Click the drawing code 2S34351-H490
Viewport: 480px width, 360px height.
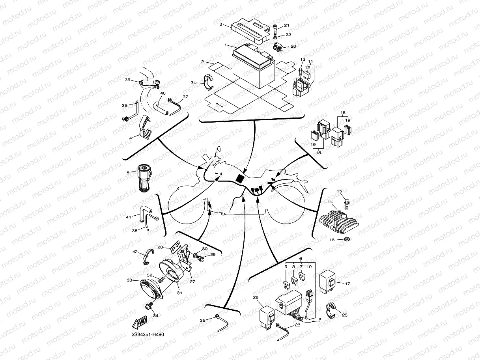click(148, 334)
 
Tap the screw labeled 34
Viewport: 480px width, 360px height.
click(151, 305)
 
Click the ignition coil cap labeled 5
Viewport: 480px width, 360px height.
click(144, 179)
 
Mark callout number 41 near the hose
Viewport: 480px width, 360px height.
click(128, 216)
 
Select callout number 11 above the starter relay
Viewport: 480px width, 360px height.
click(310, 62)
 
